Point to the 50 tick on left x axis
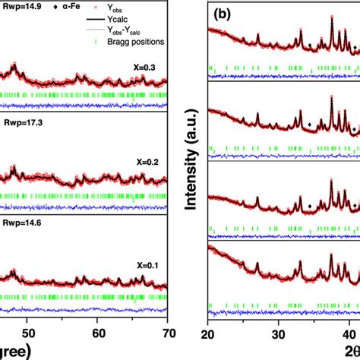27,333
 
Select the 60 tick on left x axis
98,333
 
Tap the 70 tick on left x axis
169,333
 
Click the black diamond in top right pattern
309,45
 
